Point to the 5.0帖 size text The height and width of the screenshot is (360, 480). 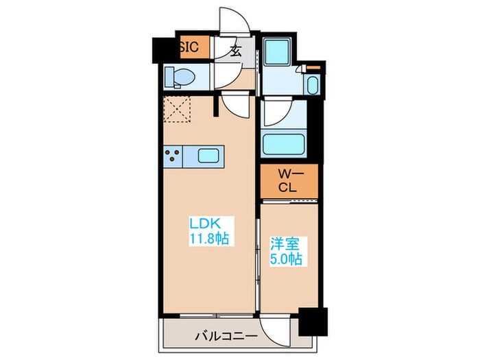coord(287,259)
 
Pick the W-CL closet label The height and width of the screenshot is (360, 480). coord(288,180)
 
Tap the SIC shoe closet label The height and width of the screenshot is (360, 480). coord(190,47)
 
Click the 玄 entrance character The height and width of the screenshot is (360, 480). coord(235,49)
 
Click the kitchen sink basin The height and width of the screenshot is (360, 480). coord(210,155)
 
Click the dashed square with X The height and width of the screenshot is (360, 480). coord(178,108)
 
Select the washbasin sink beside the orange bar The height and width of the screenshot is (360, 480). coord(313,86)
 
